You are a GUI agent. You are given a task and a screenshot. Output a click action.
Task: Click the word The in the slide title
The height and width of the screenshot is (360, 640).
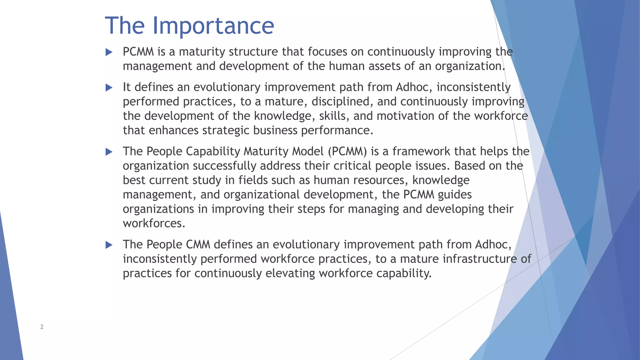(125, 26)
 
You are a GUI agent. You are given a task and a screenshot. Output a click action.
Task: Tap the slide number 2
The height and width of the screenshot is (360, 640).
(42, 327)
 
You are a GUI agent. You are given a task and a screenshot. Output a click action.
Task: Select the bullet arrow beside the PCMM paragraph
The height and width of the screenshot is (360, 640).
(109, 52)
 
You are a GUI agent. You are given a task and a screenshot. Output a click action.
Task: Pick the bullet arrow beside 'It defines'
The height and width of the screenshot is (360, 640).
(109, 87)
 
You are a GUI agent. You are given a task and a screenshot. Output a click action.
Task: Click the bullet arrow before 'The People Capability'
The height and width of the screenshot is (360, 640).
(109, 152)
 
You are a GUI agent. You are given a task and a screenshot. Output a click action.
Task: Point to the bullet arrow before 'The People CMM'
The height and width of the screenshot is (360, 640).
(109, 245)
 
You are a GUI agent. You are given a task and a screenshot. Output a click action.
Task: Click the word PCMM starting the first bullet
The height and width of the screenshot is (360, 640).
(138, 52)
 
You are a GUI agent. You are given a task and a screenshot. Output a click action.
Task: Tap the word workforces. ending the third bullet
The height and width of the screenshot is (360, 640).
(154, 224)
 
